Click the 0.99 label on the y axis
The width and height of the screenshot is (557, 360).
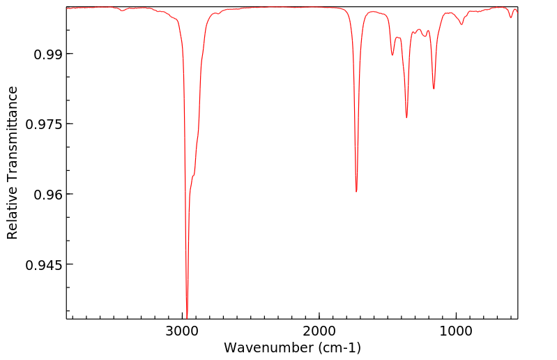[x=45, y=54]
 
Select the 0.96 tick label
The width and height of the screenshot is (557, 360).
[x=45, y=194]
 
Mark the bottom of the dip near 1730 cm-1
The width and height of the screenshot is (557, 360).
[x=356, y=191]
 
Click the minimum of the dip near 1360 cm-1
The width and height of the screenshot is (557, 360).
[x=406, y=117]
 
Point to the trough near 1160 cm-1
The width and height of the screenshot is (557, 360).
[x=434, y=89]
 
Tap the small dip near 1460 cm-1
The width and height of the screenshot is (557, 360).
[x=392, y=55]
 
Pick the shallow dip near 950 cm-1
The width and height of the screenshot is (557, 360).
[x=461, y=24]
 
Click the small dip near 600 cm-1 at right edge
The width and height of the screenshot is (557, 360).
[x=511, y=17]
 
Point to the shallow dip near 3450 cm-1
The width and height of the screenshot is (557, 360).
[x=122, y=11]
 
